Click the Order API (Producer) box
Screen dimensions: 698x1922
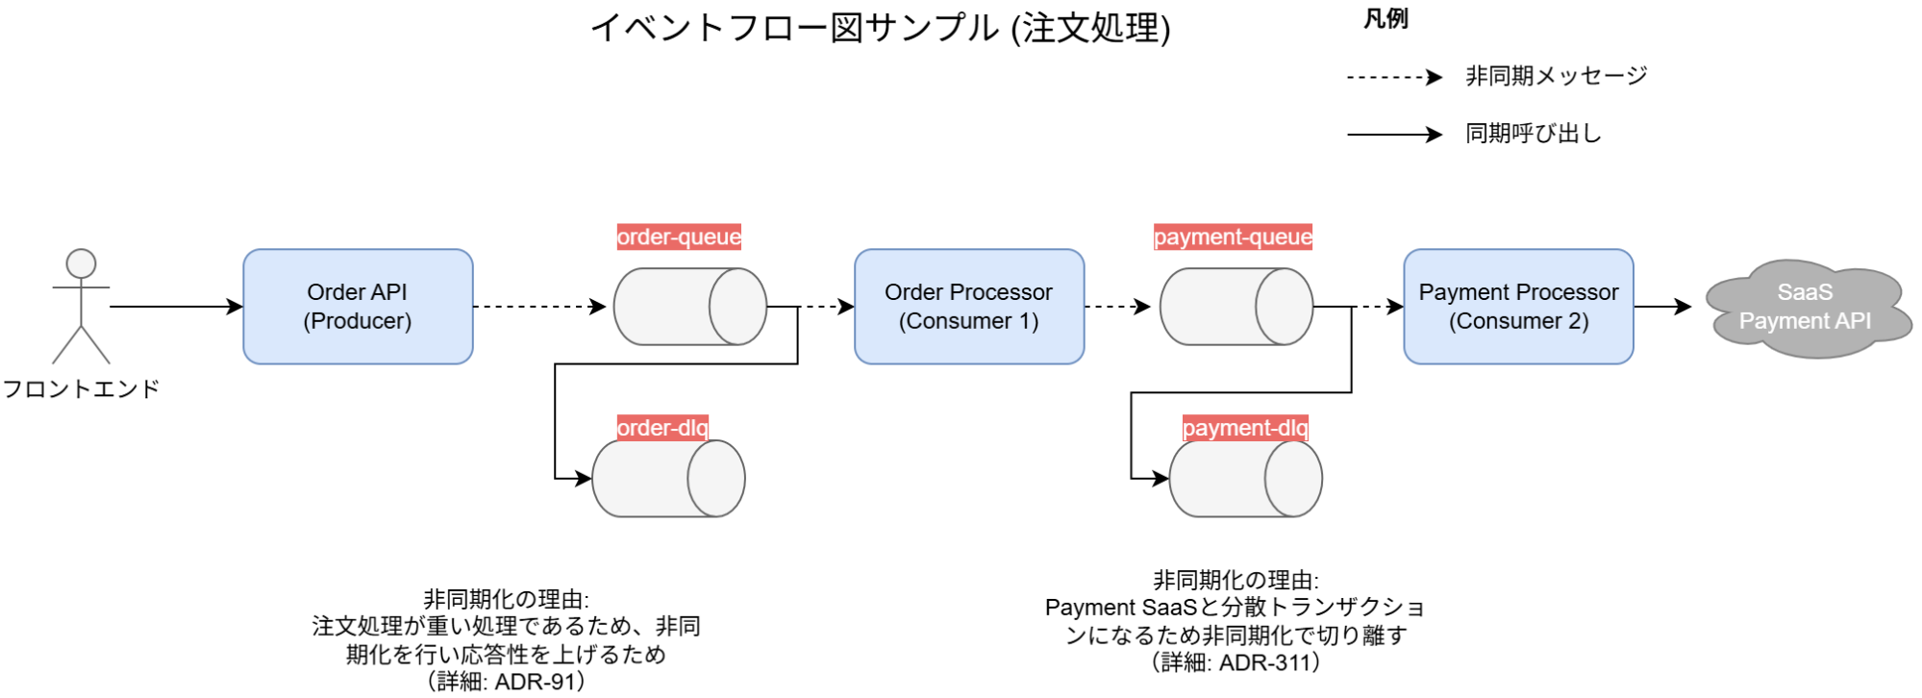tap(358, 307)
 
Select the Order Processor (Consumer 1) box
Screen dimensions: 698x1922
tap(968, 307)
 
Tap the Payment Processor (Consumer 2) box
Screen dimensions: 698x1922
tap(1517, 307)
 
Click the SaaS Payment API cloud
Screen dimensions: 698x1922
tap(1806, 308)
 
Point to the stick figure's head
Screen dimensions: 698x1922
tap(81, 263)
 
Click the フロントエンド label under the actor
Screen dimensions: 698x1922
tap(81, 389)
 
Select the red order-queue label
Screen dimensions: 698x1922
tap(679, 237)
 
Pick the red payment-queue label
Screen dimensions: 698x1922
tap(1233, 237)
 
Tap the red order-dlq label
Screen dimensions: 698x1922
tap(662, 428)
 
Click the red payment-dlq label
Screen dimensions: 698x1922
tap(1245, 428)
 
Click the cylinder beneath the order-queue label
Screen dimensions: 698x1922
tap(689, 307)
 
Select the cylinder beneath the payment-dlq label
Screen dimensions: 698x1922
tap(1245, 479)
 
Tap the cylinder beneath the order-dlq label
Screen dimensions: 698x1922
tap(668, 479)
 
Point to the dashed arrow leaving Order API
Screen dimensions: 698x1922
tap(538, 307)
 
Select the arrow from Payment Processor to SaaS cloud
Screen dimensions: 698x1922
tap(1661, 307)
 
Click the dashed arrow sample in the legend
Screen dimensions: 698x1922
tap(1393, 77)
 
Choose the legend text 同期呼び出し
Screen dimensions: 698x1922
tap(1533, 134)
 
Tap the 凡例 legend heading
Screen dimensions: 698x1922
tap(1385, 19)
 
